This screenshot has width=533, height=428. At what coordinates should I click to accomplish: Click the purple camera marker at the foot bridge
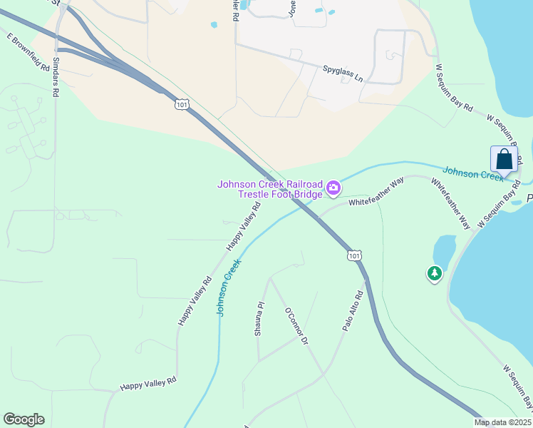[333, 189]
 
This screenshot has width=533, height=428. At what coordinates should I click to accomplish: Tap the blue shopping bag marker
[504, 158]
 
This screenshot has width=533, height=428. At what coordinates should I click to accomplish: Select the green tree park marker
[434, 272]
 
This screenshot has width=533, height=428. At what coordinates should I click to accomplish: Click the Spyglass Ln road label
[342, 73]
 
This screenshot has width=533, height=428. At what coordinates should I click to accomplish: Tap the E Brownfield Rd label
[29, 52]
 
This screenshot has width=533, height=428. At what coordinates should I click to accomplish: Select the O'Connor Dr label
[295, 327]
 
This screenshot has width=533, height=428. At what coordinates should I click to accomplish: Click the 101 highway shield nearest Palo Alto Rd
[355, 255]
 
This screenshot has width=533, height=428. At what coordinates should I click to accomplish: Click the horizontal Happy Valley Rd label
[148, 385]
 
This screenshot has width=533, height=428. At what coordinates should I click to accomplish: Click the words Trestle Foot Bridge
[280, 194]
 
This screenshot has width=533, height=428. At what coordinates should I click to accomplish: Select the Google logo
[24, 419]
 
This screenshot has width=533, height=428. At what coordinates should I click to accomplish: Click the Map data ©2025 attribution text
[502, 422]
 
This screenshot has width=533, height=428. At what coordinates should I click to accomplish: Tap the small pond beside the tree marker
[443, 249]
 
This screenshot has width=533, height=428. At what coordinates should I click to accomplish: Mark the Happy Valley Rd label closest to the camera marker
[244, 225]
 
